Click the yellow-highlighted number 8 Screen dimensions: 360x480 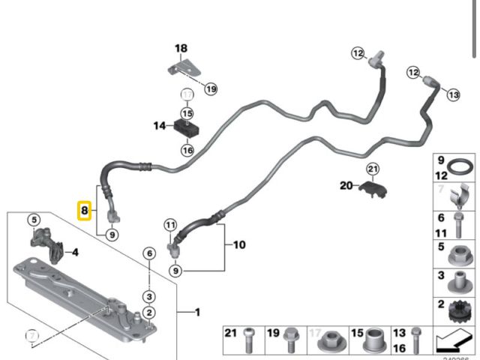85,211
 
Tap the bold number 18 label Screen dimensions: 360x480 181,49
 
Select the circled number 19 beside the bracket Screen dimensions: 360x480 211,88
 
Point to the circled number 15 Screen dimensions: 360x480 186,113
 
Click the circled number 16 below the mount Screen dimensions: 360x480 186,150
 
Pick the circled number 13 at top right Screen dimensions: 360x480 452,94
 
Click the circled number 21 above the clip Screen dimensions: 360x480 373,169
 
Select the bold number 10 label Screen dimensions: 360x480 239,244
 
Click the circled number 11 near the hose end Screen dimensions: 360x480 171,225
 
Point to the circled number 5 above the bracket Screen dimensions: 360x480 33,220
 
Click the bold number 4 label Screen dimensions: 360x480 75,252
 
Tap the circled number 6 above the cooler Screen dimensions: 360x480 149,253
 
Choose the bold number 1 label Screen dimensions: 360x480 197,312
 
